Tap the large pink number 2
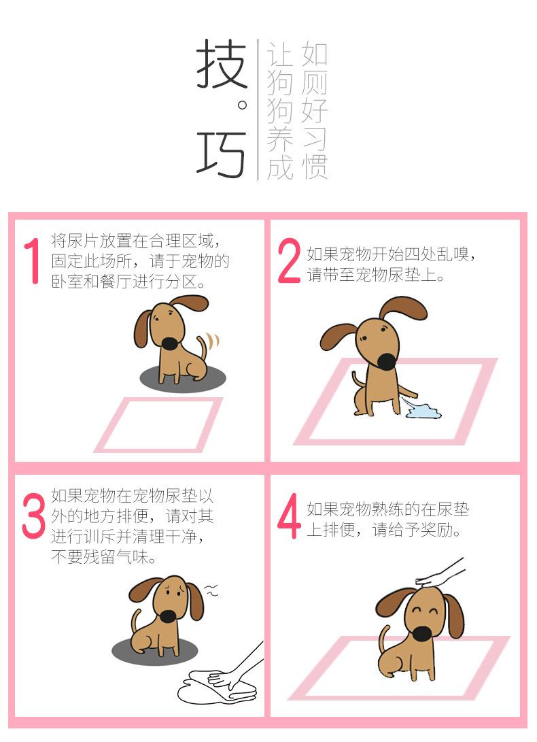[x=289, y=260]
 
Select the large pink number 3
[x=33, y=516]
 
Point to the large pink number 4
[x=289, y=516]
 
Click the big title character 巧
[x=222, y=153]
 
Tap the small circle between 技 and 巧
[x=242, y=105]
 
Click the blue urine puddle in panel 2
[x=422, y=410]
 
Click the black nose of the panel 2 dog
[x=387, y=362]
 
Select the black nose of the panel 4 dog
[x=421, y=634]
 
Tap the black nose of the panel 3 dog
[x=168, y=615]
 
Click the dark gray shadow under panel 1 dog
[x=183, y=378]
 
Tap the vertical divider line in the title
[x=258, y=109]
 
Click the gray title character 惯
[x=315, y=166]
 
